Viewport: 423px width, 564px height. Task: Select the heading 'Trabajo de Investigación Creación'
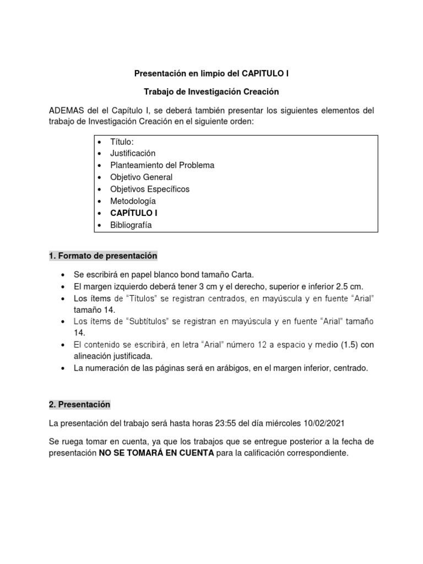point(211,92)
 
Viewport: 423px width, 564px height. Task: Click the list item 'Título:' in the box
point(122,142)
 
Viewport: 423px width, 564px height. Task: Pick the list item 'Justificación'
point(133,153)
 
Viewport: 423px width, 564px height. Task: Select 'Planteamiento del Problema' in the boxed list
point(162,165)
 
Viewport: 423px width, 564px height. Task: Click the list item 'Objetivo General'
point(141,177)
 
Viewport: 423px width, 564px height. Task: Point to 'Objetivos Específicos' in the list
point(149,189)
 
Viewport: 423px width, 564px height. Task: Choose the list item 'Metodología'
point(133,201)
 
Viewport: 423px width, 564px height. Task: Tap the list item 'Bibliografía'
point(131,225)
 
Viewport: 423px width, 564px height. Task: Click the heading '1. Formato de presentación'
point(103,256)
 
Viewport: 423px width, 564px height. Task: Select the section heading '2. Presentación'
point(79,405)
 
